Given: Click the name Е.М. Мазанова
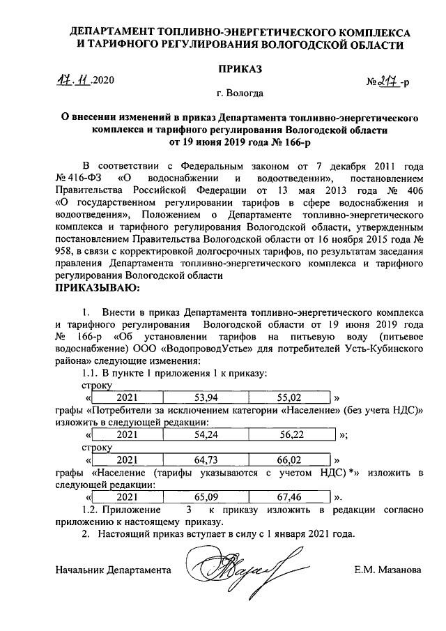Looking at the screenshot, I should point(387,570).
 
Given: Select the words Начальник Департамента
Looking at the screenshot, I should point(113,570).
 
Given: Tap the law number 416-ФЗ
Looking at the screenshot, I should point(78,177).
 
